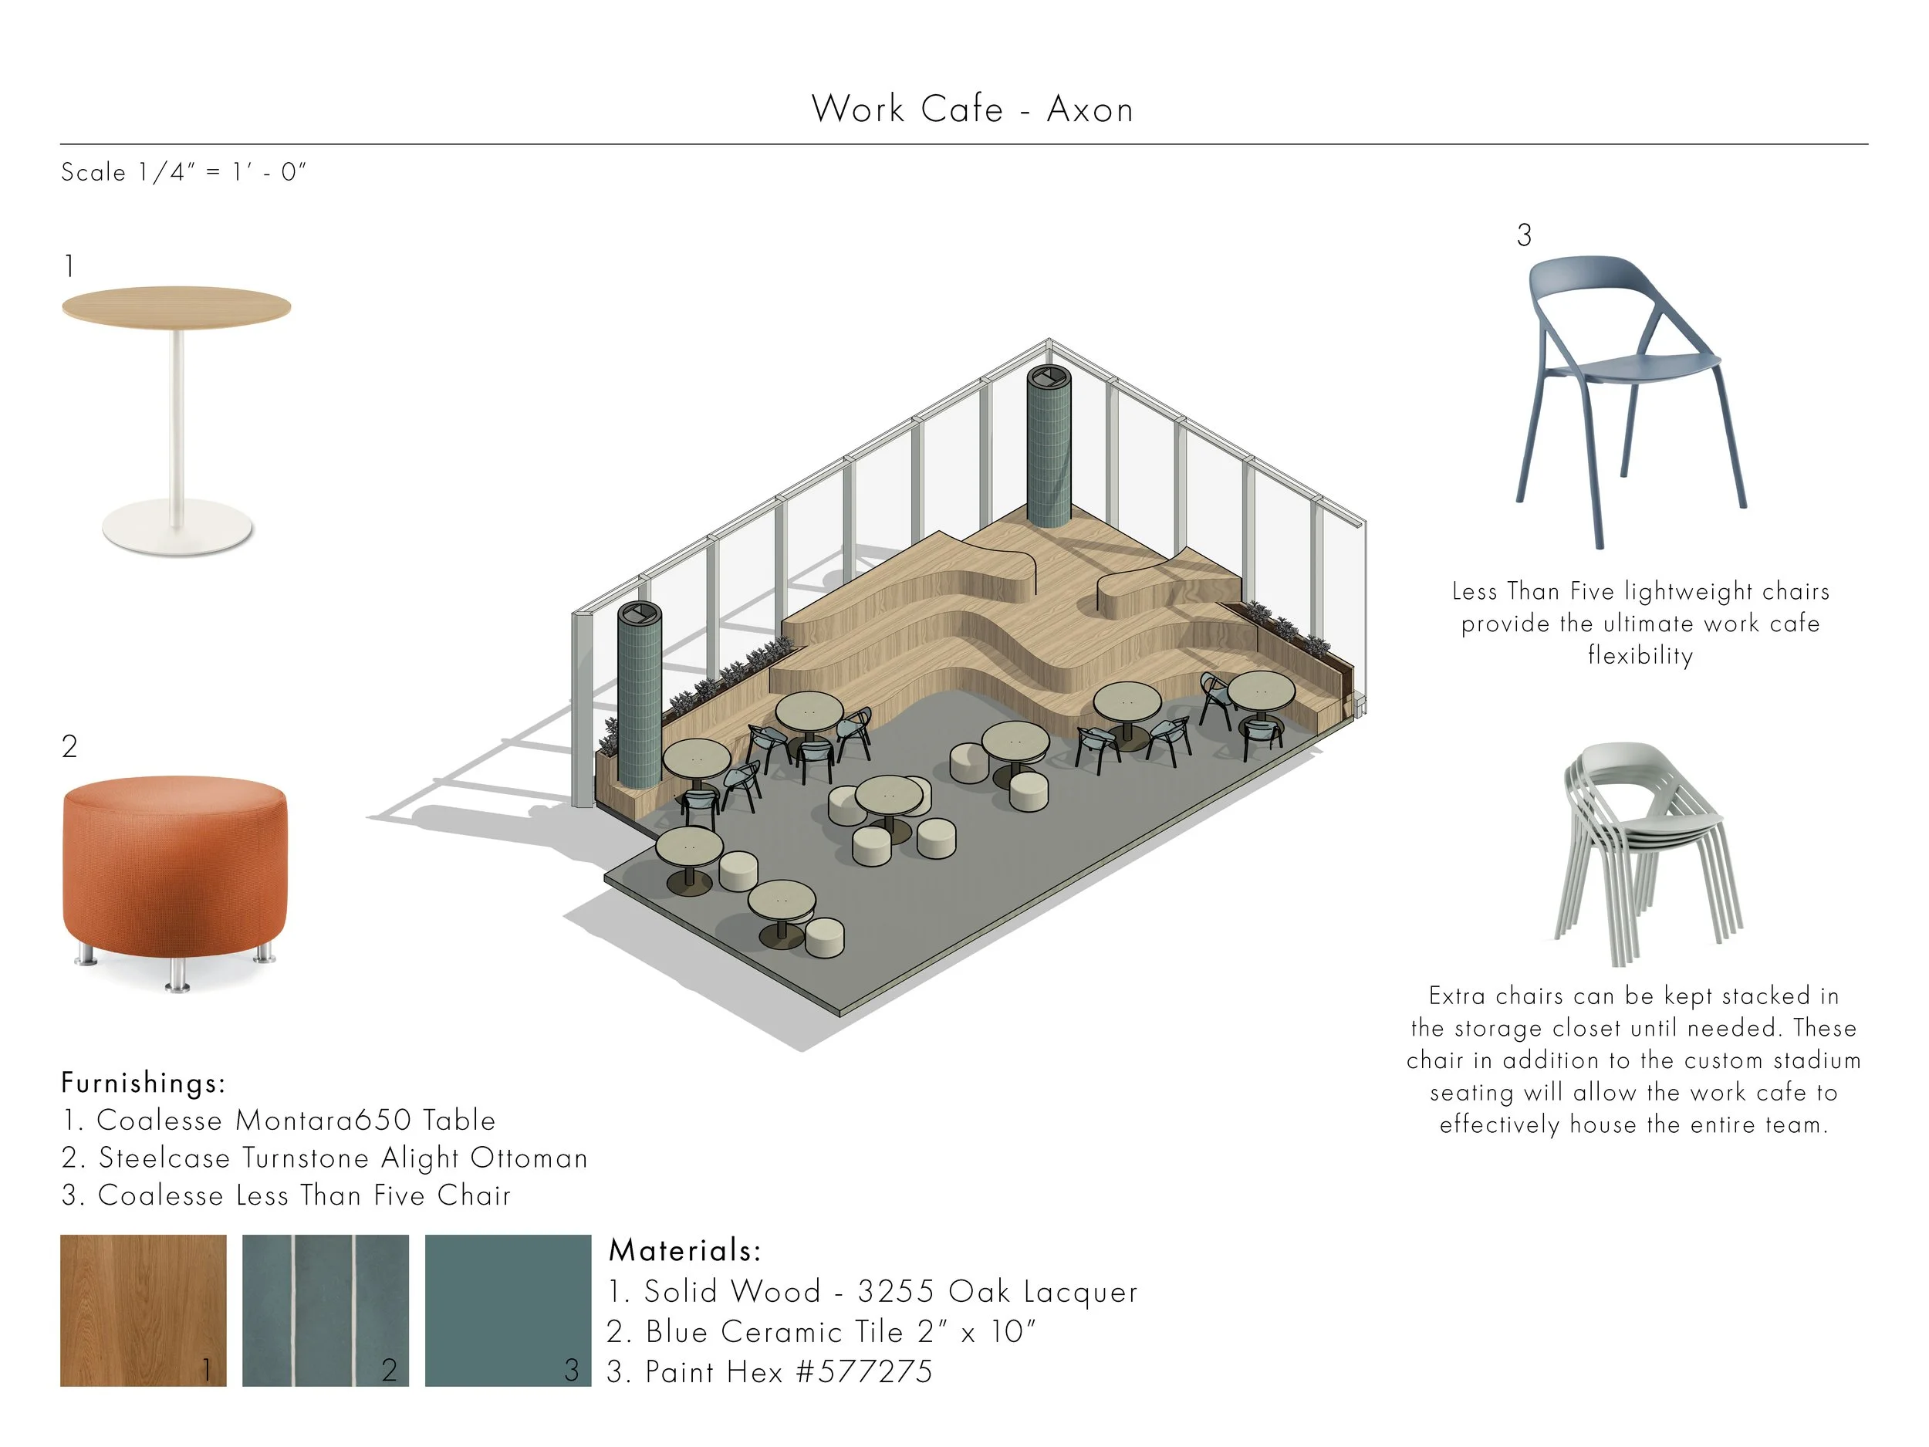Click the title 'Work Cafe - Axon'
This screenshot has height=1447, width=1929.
(x=971, y=110)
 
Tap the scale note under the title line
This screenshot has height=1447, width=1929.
(x=183, y=172)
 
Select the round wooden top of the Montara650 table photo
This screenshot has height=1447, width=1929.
(x=176, y=306)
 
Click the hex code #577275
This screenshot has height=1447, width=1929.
(x=864, y=1372)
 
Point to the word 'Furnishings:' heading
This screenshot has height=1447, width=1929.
(x=144, y=1084)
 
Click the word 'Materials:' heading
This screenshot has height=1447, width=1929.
(x=684, y=1251)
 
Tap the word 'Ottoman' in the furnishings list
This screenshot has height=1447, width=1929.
(x=529, y=1158)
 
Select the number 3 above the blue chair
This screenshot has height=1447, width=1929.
(x=1523, y=235)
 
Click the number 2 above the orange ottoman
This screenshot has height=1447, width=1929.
(x=69, y=745)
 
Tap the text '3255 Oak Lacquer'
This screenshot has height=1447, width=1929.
(x=998, y=1292)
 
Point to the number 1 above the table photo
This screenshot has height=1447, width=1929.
(x=69, y=266)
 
